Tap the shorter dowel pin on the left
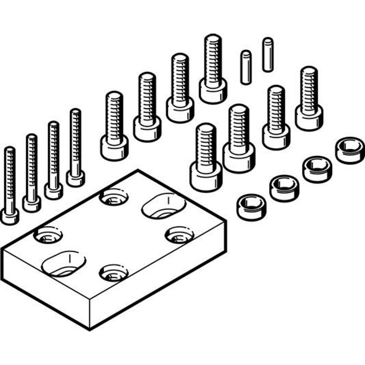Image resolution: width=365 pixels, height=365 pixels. click(x=246, y=67)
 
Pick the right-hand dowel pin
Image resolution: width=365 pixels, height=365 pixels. click(x=268, y=54)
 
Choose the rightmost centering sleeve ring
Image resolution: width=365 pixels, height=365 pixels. click(x=350, y=150)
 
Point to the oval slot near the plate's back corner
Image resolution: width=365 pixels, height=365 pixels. click(x=164, y=206)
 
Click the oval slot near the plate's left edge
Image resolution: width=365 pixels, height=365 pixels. click(x=64, y=263)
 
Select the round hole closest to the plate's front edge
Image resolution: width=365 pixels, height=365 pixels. click(x=114, y=273)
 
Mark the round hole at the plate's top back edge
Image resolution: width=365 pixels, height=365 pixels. click(x=114, y=197)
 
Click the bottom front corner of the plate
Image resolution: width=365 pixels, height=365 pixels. click(x=89, y=329)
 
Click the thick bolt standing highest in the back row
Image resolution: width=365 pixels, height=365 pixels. click(x=213, y=69)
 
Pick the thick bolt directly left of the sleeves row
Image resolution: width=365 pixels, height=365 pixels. click(x=206, y=157)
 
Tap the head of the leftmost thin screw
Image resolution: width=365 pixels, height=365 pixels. click(x=10, y=216)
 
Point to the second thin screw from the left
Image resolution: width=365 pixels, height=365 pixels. click(x=32, y=172)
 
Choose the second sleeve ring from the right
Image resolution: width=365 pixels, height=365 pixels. click(x=317, y=169)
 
